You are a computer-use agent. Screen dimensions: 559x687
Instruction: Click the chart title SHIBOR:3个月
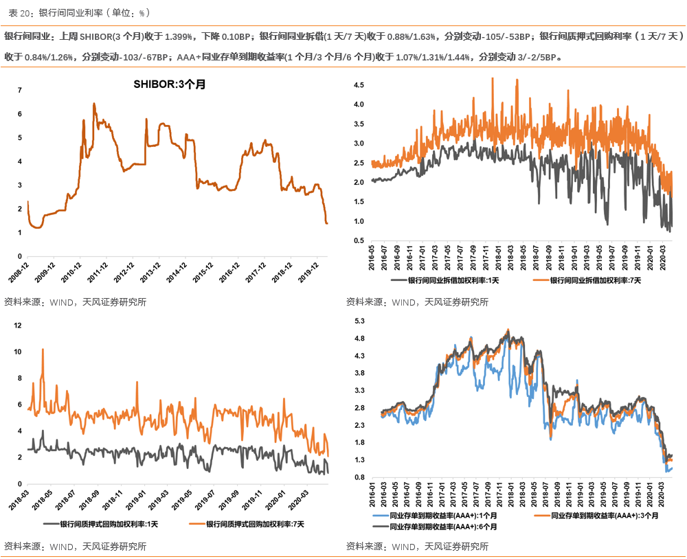tap(169, 84)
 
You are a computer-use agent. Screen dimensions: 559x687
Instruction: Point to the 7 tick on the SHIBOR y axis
tap(20, 90)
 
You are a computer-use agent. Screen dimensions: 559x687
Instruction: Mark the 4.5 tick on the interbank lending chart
tap(358, 84)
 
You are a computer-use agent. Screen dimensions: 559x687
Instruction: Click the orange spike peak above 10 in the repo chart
tap(43, 350)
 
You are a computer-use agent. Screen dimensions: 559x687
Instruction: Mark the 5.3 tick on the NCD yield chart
tap(358, 321)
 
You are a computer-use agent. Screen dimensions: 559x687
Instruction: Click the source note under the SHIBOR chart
tap(75, 301)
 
